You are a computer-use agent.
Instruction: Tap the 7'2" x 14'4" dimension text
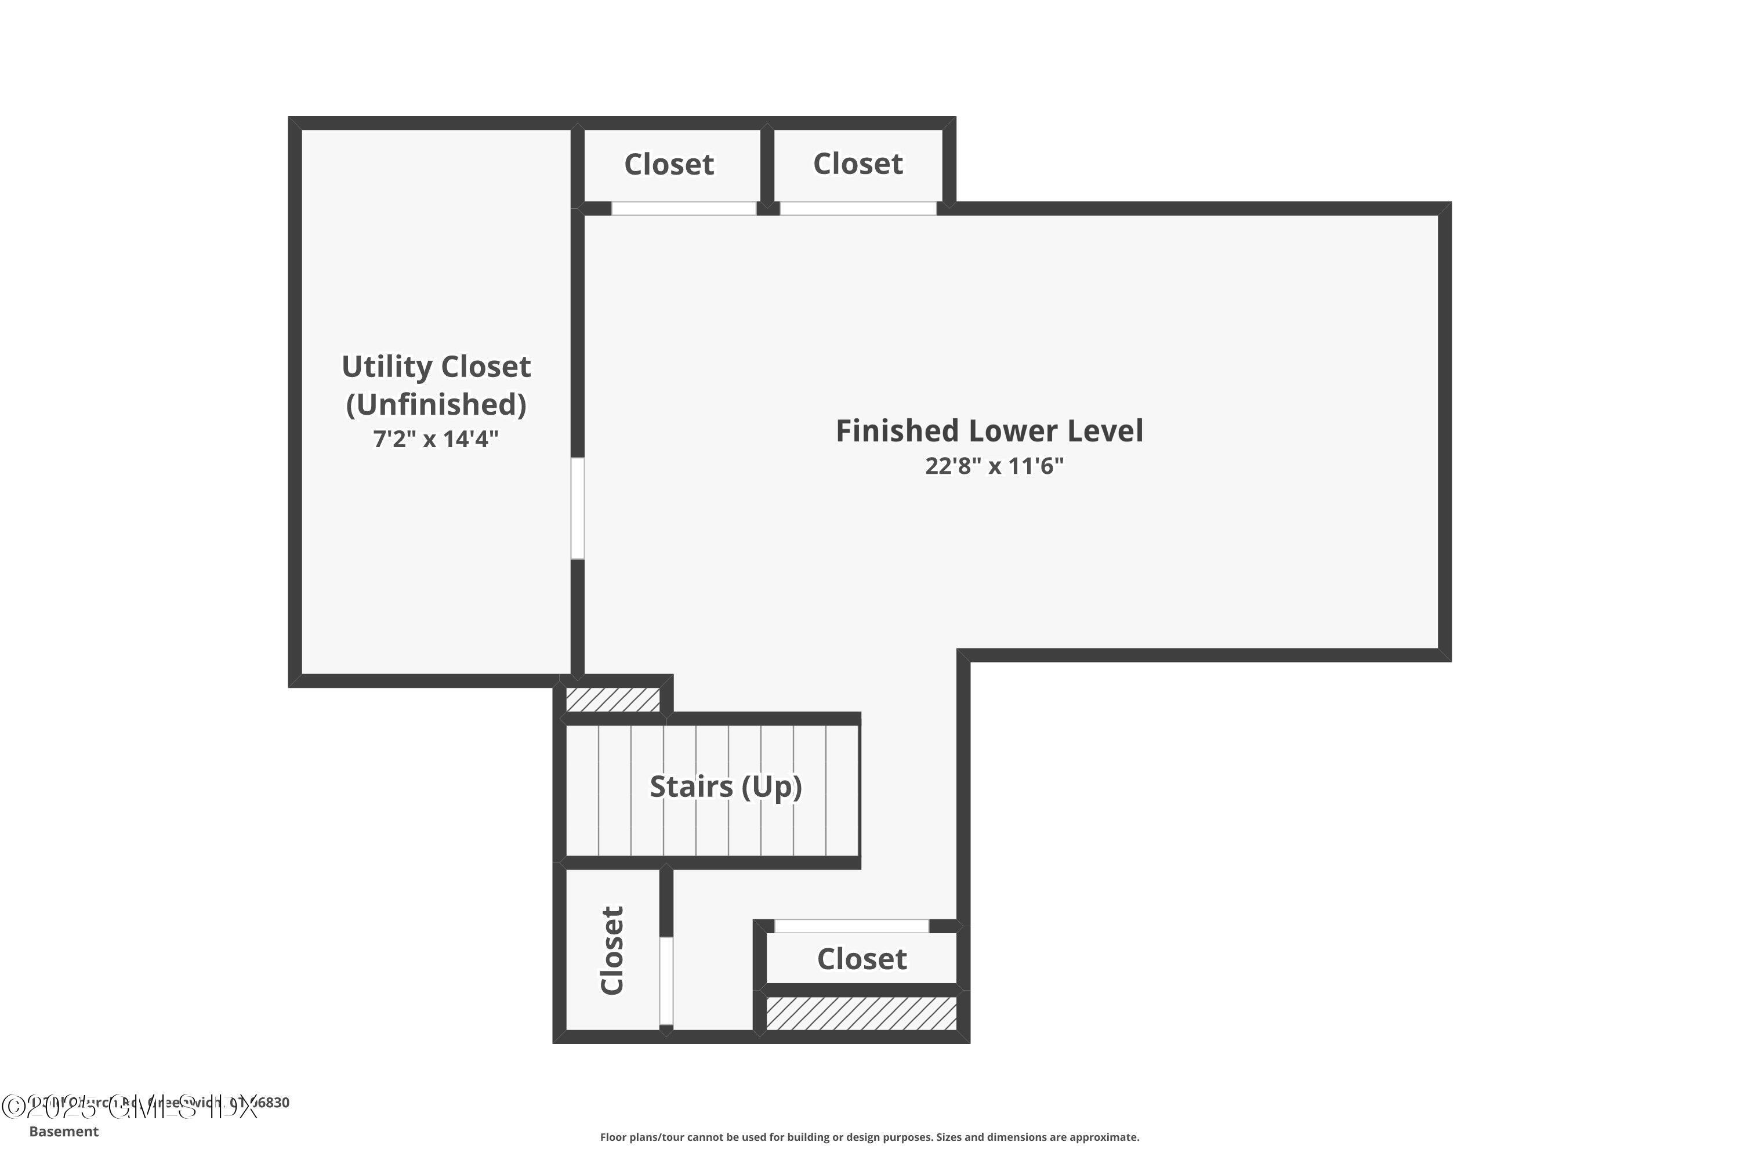coord(436,440)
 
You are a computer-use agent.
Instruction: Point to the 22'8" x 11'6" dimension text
coord(994,466)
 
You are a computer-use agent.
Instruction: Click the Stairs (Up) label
coord(726,786)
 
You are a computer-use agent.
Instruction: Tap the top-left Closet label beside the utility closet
coord(669,164)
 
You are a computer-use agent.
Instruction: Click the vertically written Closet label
coord(613,951)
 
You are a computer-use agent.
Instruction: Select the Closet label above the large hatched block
coord(862,959)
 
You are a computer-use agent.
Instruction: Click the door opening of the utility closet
coord(577,508)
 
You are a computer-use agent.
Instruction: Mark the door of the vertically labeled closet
coord(666,981)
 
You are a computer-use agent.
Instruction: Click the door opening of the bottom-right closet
coord(851,926)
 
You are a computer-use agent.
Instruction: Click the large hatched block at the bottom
coord(861,1013)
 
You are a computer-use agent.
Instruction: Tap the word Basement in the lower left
coord(64,1131)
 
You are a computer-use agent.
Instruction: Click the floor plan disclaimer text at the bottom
coord(869,1137)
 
